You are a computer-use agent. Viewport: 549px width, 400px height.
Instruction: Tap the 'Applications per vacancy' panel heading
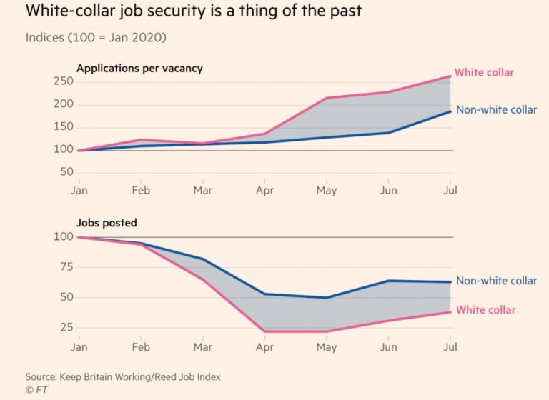click(139, 69)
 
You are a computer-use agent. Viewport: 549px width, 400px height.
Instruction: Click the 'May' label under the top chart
click(326, 191)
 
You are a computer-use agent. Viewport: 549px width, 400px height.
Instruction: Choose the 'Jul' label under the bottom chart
click(450, 347)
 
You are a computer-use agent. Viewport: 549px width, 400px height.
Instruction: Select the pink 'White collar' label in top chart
click(484, 73)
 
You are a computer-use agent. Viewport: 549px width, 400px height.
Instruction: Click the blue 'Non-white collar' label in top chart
click(496, 110)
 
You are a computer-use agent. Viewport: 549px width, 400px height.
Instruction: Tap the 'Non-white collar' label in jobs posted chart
click(496, 281)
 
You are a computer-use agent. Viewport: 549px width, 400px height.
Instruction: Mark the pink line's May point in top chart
click(326, 98)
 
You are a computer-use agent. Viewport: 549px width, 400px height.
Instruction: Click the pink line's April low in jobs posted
click(264, 331)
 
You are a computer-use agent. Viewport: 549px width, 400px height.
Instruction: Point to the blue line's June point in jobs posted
click(388, 281)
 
